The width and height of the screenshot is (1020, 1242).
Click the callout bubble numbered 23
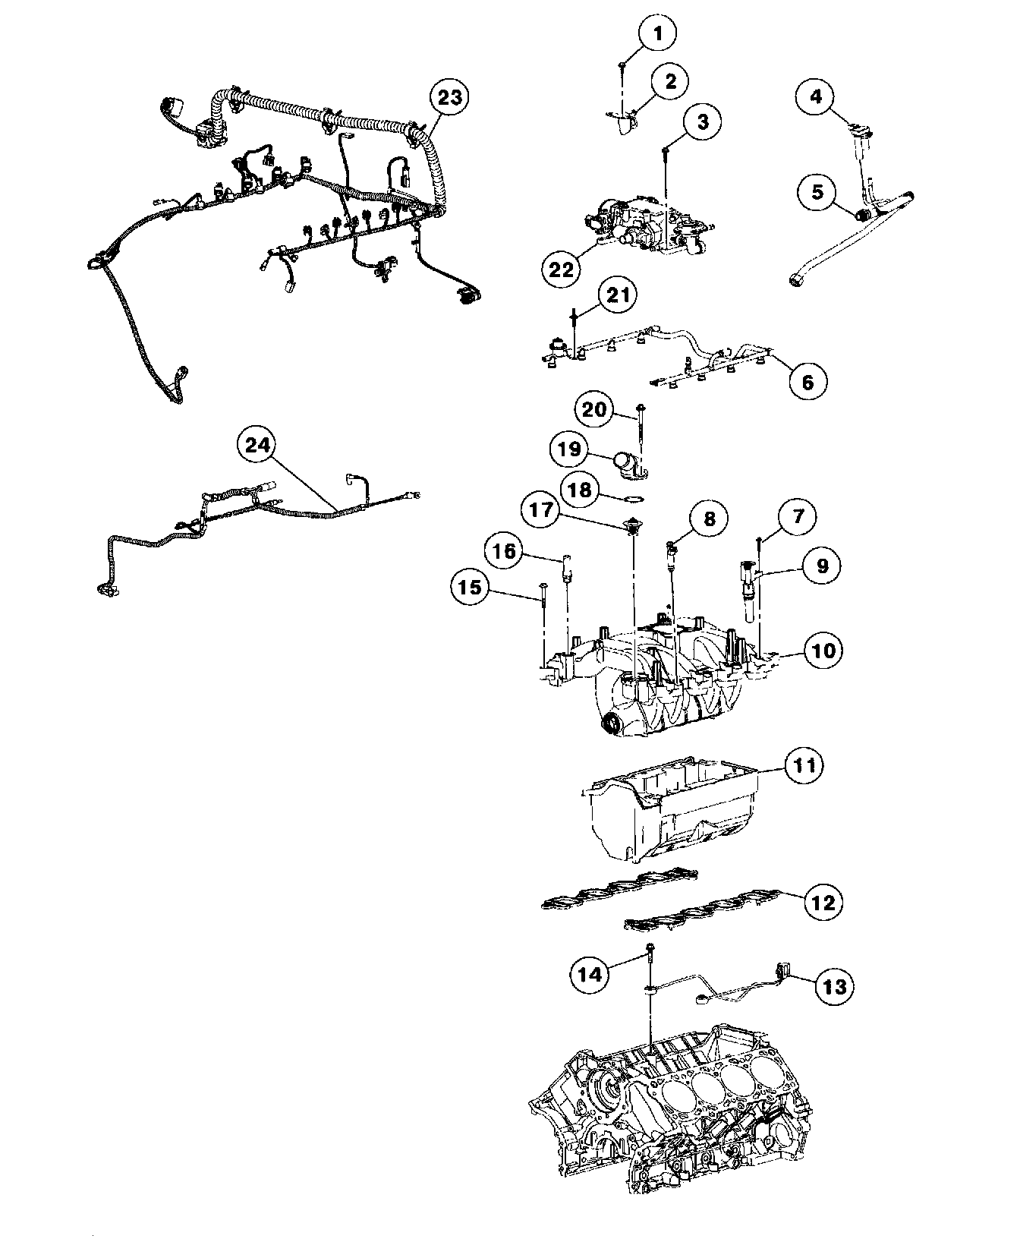click(x=449, y=98)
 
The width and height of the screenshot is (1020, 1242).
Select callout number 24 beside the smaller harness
click(x=259, y=447)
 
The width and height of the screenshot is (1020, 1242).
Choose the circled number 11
click(x=804, y=765)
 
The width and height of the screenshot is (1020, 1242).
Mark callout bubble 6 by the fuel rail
click(x=807, y=381)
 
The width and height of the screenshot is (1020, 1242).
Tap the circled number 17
click(x=543, y=511)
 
